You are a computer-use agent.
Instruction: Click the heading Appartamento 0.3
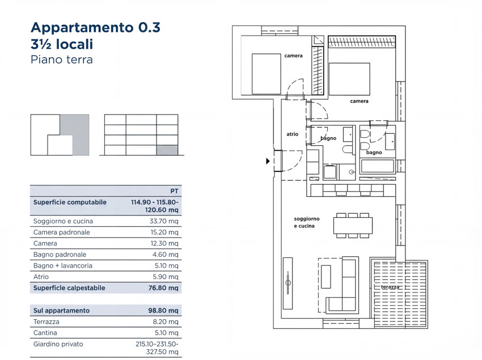click(96, 27)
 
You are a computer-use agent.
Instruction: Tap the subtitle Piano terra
click(62, 60)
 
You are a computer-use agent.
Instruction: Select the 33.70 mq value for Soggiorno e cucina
click(164, 221)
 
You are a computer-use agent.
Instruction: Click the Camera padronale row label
click(61, 232)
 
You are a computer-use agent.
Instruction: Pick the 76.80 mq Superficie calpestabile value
click(163, 288)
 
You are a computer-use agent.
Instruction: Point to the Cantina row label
click(45, 333)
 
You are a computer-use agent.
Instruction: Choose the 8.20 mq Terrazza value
click(166, 321)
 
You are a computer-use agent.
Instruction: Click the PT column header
click(174, 191)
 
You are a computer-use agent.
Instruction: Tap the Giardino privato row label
click(58, 344)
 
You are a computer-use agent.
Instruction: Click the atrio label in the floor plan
click(293, 134)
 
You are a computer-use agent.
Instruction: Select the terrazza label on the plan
click(390, 287)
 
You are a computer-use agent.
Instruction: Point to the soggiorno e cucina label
click(306, 222)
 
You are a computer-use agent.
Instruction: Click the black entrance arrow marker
click(268, 161)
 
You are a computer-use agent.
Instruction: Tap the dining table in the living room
click(353, 226)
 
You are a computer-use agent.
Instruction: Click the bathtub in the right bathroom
click(378, 166)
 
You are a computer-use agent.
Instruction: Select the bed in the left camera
click(266, 74)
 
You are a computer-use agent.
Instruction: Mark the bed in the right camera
click(349, 79)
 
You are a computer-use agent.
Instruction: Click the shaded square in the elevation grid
click(167, 150)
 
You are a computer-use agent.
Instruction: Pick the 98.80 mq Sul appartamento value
click(163, 311)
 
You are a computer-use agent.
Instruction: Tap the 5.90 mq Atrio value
click(166, 277)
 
